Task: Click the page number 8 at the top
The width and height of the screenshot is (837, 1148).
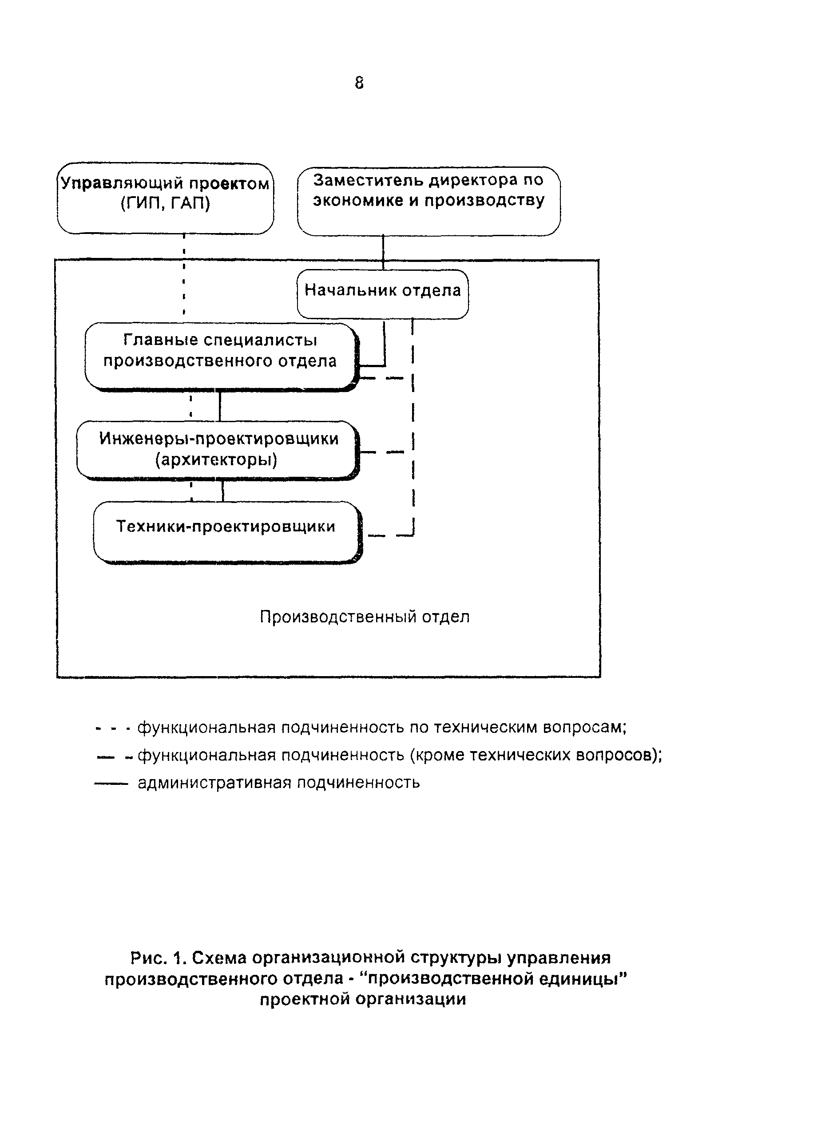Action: click(359, 83)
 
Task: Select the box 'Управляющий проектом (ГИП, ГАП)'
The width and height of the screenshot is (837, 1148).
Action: click(165, 198)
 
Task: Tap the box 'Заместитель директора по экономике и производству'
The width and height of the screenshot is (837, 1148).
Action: click(428, 201)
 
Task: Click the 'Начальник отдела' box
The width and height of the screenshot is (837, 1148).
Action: click(382, 294)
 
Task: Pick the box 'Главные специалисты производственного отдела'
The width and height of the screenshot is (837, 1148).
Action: click(220, 356)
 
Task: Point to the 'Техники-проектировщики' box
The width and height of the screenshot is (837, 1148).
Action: click(227, 531)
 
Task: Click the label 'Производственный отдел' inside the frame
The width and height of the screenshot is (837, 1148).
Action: click(364, 617)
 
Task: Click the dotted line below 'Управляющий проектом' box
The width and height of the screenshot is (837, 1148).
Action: click(184, 273)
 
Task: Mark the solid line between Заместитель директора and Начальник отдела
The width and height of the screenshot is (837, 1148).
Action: click(383, 252)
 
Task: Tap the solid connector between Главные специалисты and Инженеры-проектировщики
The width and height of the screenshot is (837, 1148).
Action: click(219, 406)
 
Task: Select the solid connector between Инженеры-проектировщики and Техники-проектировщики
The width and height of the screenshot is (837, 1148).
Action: click(222, 490)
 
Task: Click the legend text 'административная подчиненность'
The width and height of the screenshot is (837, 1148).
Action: click(279, 783)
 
